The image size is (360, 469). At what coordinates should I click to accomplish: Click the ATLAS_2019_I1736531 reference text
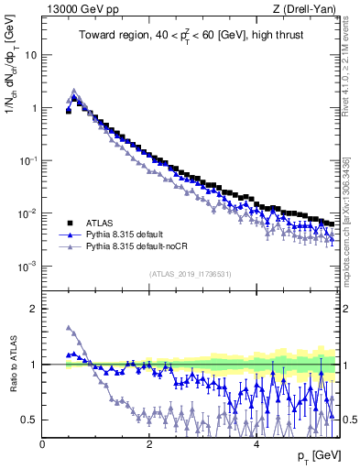(192, 274)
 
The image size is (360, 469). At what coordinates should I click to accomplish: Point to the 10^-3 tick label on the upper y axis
(27, 267)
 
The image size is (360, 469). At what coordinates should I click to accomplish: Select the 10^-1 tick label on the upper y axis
(27, 161)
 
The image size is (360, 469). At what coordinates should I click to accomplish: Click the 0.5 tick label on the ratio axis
(29, 420)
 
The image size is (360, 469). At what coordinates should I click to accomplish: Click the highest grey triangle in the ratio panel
(69, 327)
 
